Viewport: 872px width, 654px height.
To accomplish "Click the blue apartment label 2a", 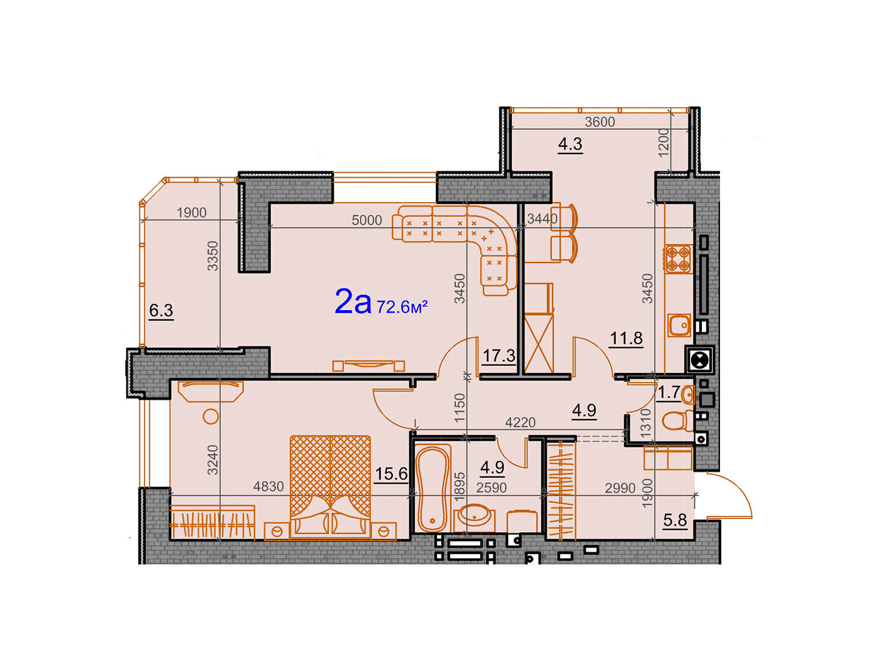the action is point(353,302).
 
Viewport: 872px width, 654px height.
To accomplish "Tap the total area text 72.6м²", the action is point(402,306).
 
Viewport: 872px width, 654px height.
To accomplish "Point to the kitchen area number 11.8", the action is point(626,338).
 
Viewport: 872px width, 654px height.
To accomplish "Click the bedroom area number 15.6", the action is point(391,474).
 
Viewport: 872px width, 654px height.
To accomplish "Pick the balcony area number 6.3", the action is point(161,310).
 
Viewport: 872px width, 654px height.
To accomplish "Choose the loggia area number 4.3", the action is point(570,144).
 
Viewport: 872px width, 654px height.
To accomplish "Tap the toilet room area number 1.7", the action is point(669,393).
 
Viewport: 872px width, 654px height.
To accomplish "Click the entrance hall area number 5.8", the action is point(675,520).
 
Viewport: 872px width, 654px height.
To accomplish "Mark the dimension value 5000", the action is point(366,220).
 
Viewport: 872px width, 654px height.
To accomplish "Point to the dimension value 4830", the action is point(268,487).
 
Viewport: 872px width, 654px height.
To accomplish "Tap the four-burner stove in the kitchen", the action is point(678,259).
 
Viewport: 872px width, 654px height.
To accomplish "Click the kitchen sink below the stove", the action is point(679,325).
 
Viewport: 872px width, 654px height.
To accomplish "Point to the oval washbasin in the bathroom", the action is point(474,516).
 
